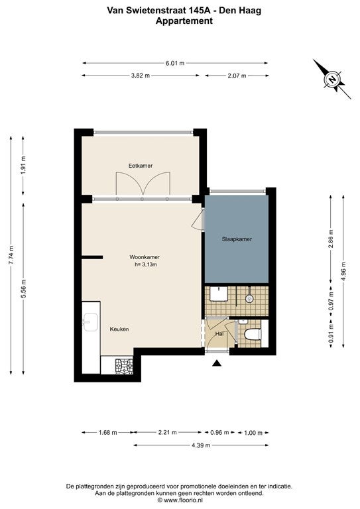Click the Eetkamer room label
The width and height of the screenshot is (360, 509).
141,166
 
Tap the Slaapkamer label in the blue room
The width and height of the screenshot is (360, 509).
237,239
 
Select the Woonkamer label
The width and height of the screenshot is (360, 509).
145,257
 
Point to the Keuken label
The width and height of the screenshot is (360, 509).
119,329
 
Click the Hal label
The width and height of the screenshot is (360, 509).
219,333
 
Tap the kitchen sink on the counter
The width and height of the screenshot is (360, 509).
91,321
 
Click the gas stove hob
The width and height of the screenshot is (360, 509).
124,366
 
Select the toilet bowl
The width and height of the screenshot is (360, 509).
253,334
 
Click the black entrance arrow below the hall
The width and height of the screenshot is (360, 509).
217,363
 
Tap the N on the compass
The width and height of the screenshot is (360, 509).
331,80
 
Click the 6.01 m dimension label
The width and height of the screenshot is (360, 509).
175,64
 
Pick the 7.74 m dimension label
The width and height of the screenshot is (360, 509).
11,255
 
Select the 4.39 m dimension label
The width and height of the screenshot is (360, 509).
201,445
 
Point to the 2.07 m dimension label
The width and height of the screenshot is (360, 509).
237,76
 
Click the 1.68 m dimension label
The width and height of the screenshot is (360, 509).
108,433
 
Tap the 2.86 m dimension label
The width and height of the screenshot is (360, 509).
331,239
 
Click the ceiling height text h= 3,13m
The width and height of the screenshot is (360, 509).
146,264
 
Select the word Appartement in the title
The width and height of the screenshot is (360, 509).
184,21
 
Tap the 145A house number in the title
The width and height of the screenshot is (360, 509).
198,11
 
